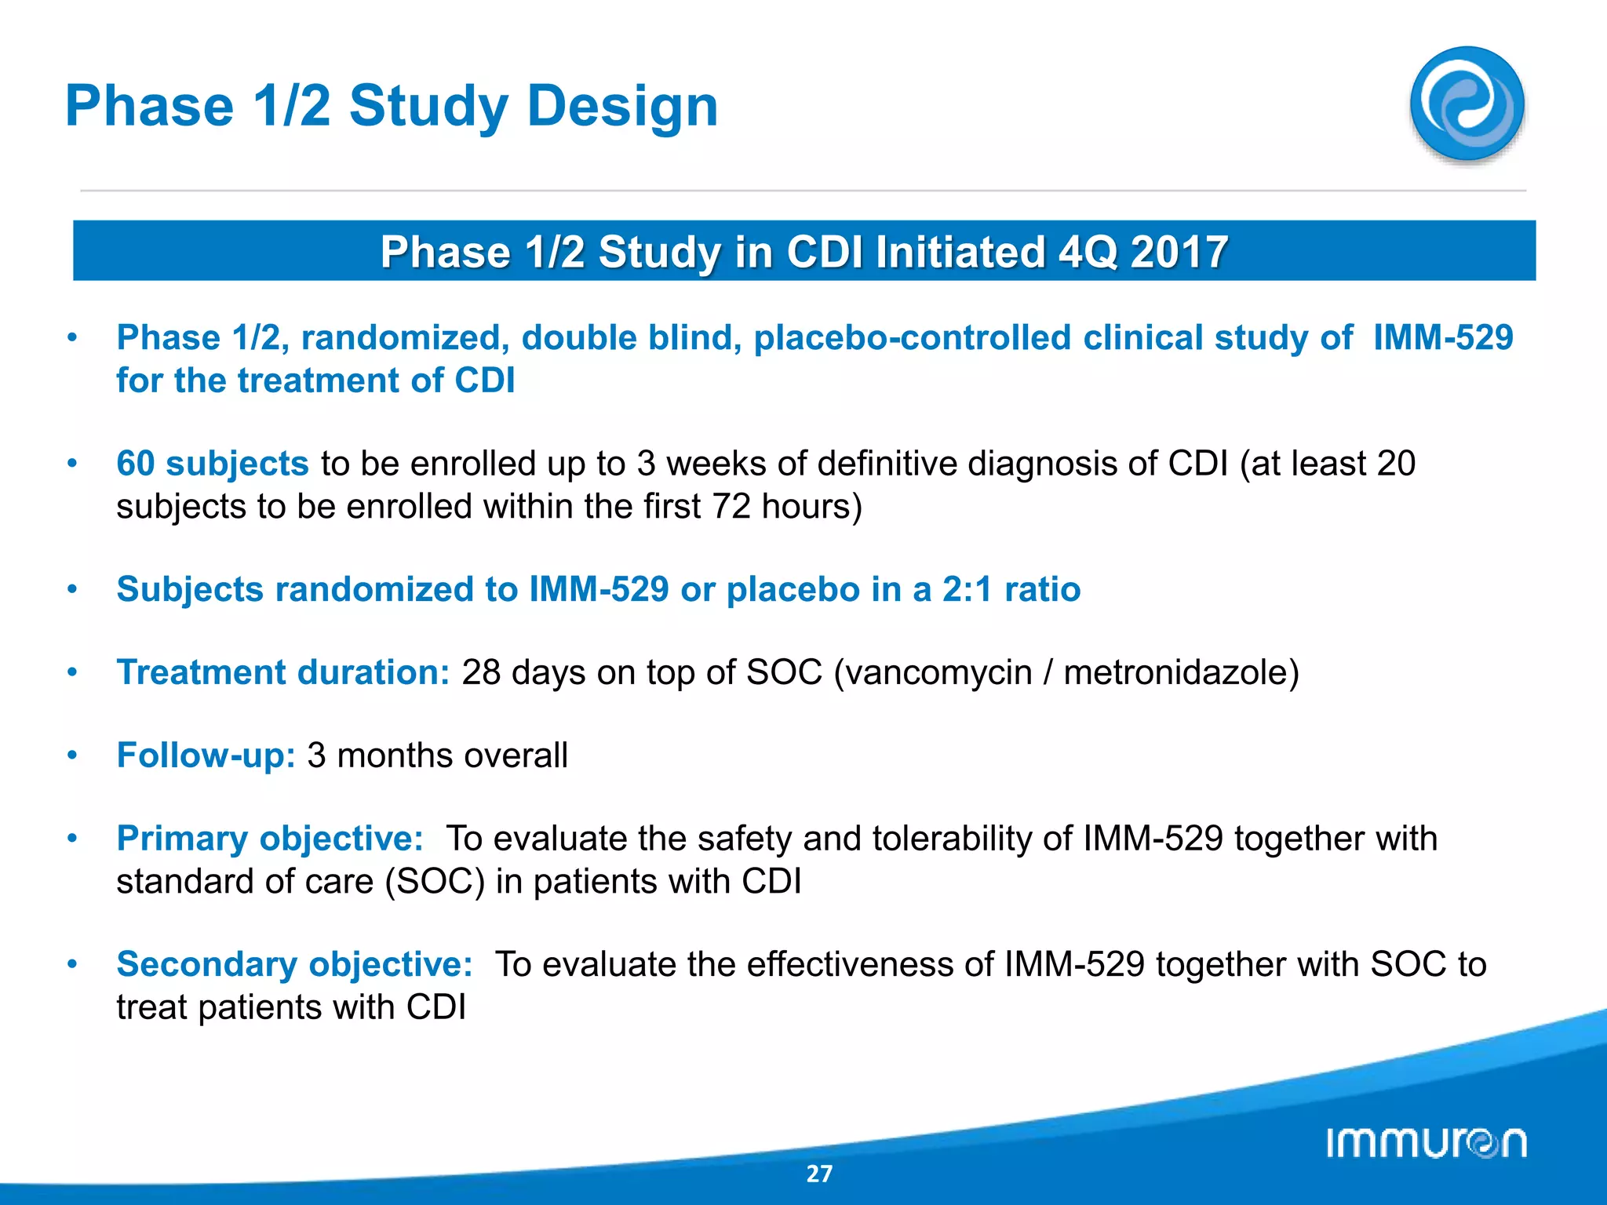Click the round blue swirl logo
click(1467, 104)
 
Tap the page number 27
click(819, 1174)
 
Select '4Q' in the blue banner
click(1088, 253)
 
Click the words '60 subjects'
click(212, 464)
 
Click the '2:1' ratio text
click(967, 589)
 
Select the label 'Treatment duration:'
click(283, 673)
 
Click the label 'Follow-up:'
click(206, 756)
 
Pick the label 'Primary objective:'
click(270, 839)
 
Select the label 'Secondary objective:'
click(294, 964)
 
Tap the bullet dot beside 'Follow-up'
click(72, 755)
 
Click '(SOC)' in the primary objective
click(435, 882)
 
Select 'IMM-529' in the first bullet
click(1442, 338)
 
